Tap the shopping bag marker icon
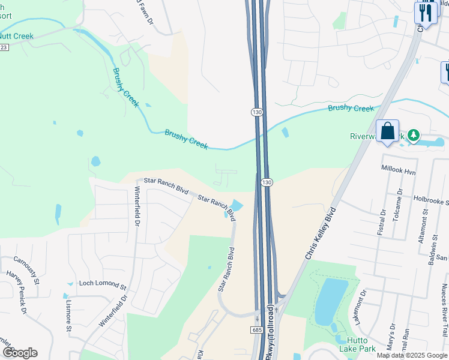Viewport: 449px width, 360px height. click(x=387, y=131)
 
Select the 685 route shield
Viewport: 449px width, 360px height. click(x=256, y=330)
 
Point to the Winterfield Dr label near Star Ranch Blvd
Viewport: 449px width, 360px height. click(x=137, y=206)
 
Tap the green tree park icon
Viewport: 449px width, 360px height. click(x=413, y=136)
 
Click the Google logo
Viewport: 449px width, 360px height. click(x=20, y=353)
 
